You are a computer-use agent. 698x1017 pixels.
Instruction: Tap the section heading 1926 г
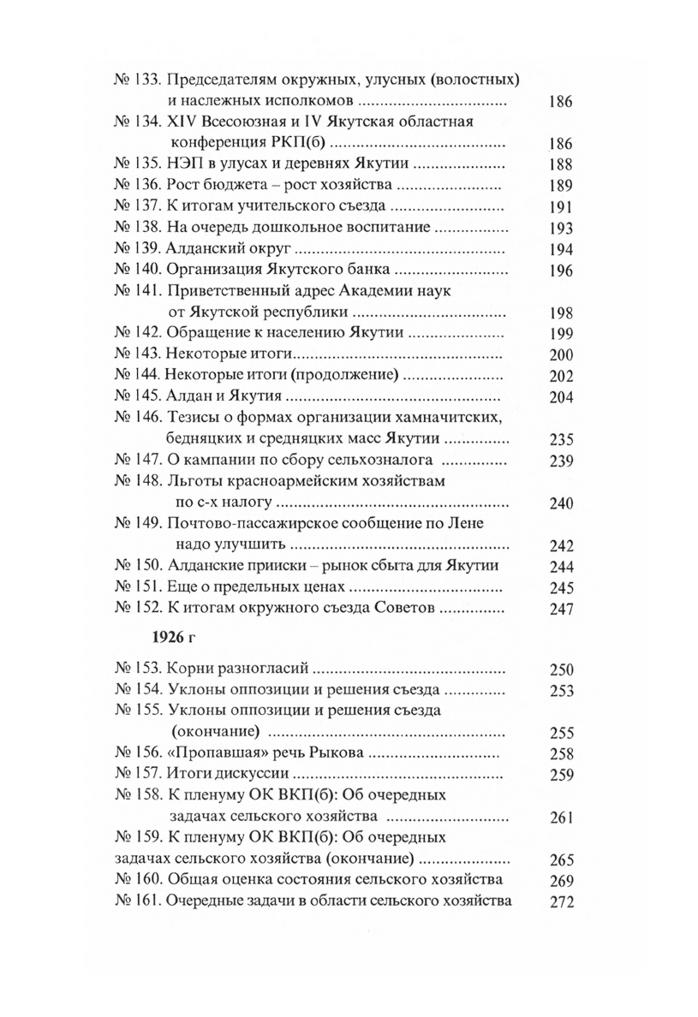(177, 639)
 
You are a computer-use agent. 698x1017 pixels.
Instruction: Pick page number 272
(559, 901)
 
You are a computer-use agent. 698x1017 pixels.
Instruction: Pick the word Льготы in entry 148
(193, 482)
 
